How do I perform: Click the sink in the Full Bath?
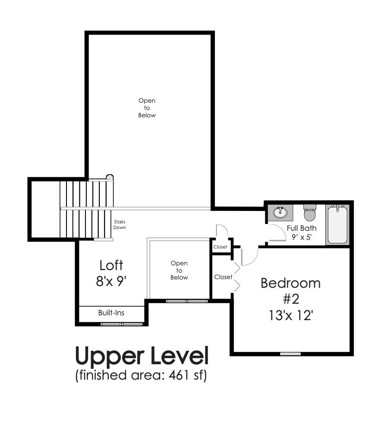click(281, 212)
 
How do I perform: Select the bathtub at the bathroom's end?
click(337, 224)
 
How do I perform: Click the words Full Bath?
click(302, 228)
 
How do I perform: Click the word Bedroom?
click(290, 283)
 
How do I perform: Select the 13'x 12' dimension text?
click(290, 315)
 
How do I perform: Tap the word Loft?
click(111, 264)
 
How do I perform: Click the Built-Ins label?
click(111, 312)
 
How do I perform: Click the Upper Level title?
click(142, 356)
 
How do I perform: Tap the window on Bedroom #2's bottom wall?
click(290, 354)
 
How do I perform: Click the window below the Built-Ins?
click(122, 324)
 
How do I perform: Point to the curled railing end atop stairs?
click(110, 177)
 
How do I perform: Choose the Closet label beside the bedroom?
click(223, 277)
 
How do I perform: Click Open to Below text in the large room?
click(147, 108)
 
